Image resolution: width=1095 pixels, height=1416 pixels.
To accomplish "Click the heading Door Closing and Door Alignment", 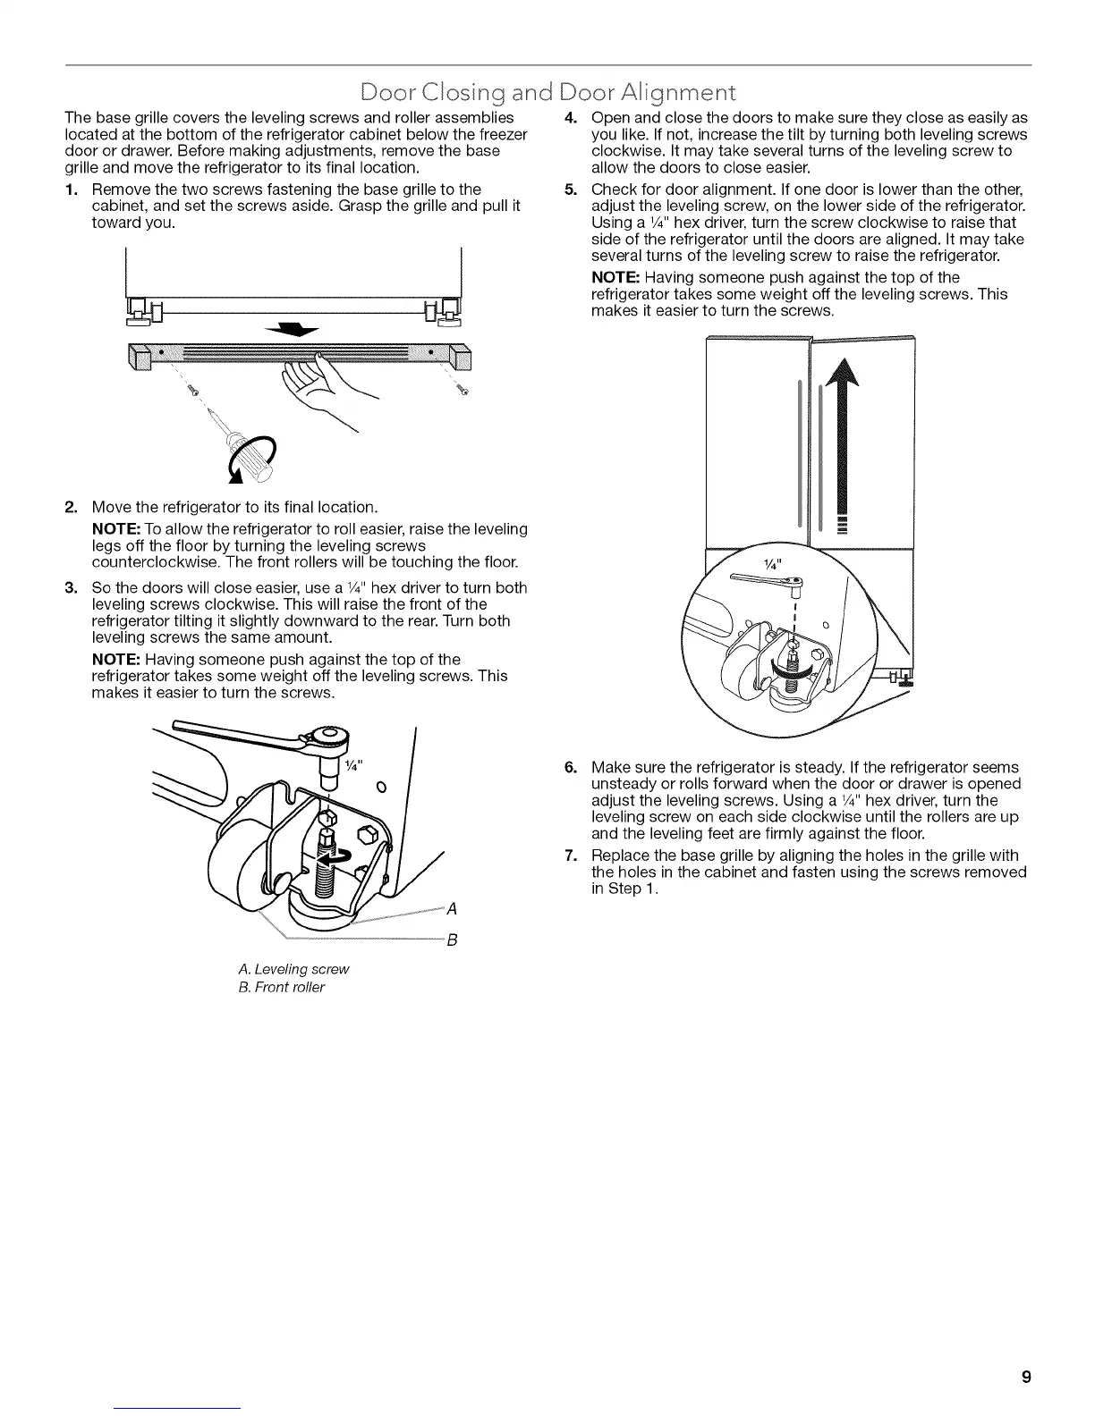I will [x=546, y=92].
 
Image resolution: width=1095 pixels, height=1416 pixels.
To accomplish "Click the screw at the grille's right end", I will [x=463, y=390].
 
